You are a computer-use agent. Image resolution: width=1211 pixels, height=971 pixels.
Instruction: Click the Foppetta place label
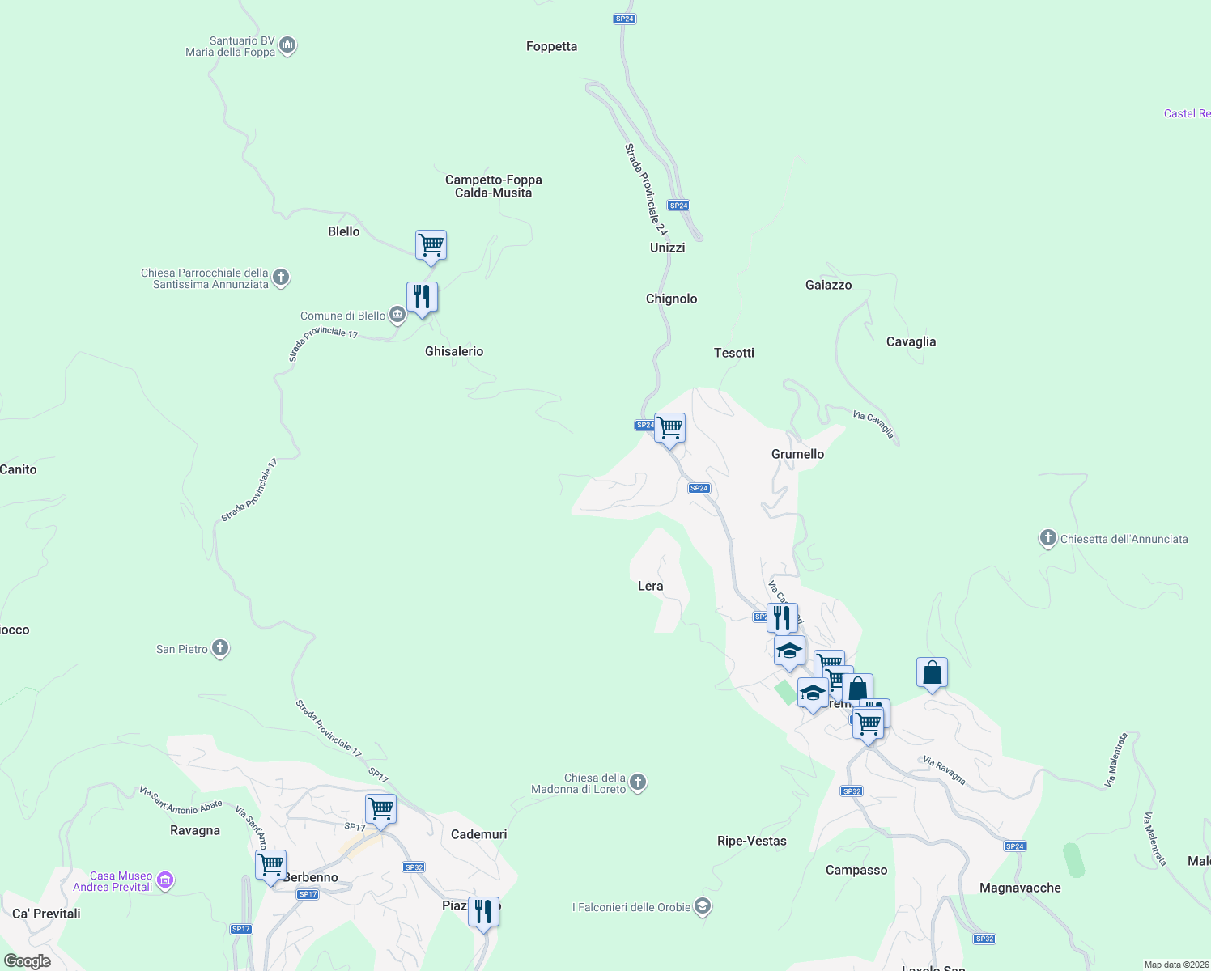pyautogui.click(x=551, y=47)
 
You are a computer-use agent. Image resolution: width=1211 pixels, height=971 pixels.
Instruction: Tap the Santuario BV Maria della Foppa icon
pyautogui.click(x=287, y=46)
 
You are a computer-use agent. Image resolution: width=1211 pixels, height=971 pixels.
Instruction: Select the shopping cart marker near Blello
pyautogui.click(x=431, y=244)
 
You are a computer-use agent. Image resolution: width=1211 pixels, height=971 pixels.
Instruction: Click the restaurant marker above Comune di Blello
pyautogui.click(x=422, y=297)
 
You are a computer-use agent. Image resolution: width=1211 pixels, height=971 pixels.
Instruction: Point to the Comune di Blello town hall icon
pyautogui.click(x=397, y=315)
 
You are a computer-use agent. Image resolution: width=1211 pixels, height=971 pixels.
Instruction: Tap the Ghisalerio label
pyautogui.click(x=454, y=351)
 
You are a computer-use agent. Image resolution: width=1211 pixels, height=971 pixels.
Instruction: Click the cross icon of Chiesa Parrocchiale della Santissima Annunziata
pyautogui.click(x=281, y=278)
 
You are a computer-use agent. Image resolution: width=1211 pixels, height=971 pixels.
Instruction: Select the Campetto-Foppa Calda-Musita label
pyautogui.click(x=494, y=186)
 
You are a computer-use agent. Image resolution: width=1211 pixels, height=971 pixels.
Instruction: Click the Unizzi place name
pyautogui.click(x=667, y=248)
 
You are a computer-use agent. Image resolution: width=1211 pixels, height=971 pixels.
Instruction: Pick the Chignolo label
pyautogui.click(x=671, y=299)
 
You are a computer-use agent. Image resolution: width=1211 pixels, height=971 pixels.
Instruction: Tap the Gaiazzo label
pyautogui.click(x=828, y=285)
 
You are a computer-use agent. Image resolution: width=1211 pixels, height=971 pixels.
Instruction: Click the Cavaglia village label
pyautogui.click(x=911, y=341)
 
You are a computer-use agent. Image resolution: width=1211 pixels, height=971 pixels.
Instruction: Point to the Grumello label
pyautogui.click(x=797, y=454)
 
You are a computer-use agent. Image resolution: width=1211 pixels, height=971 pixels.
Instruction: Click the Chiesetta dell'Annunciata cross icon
pyautogui.click(x=1047, y=538)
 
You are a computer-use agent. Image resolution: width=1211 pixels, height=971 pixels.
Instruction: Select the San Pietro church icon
pyautogui.click(x=220, y=648)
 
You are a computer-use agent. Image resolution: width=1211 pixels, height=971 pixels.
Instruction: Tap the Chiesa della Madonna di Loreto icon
pyautogui.click(x=638, y=782)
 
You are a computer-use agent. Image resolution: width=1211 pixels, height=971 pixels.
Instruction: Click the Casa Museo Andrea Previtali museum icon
pyautogui.click(x=165, y=880)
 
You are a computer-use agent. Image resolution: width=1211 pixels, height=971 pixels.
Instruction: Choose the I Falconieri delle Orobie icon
pyautogui.click(x=703, y=906)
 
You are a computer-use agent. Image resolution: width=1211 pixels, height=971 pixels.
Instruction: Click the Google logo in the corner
pyautogui.click(x=28, y=961)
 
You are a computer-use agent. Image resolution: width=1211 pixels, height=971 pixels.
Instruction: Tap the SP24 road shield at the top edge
pyautogui.click(x=624, y=19)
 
